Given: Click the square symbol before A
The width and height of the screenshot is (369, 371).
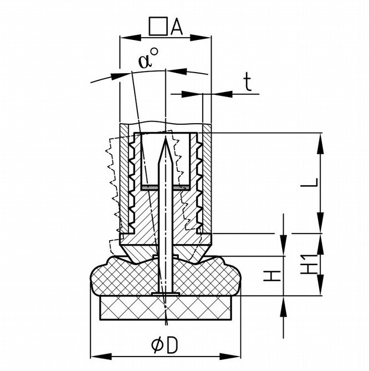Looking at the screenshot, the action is point(158,26).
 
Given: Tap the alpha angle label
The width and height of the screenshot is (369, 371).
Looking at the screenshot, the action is point(145,61).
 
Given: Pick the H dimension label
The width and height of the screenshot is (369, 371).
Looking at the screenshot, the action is point(272,276).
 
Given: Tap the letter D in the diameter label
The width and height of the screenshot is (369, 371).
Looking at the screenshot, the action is point(172,345).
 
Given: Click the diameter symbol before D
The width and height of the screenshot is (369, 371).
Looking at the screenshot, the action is point(157,345).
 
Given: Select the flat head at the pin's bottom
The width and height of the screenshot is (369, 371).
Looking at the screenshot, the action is point(166,293).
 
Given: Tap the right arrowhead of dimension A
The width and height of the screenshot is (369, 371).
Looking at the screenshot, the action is point(201,37).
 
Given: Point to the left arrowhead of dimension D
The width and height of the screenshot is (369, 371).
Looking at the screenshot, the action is point(101,357).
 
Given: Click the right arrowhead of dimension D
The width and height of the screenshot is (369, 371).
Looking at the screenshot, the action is point(230,357).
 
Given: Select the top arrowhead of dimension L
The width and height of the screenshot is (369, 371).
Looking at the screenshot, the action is point(320,144).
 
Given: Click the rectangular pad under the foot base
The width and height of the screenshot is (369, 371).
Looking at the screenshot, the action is point(165,308).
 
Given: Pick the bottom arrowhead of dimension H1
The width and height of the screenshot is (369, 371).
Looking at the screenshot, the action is point(320,284).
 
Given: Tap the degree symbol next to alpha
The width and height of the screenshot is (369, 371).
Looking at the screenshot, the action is point(155,52).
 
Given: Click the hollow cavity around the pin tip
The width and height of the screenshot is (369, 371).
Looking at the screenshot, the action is point(166,159).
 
